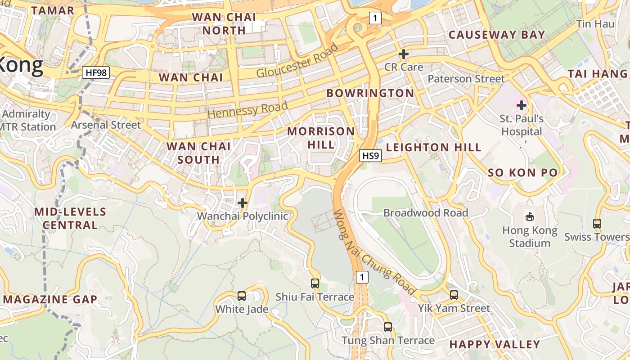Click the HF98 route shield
tap(96, 72)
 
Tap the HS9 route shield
tap(371, 156)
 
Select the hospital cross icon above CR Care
tap(404, 54)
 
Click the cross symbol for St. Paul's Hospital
tap(522, 106)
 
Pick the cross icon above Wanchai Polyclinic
tap(243, 203)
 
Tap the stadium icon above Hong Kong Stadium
tap(530, 217)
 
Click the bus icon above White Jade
tap(242, 296)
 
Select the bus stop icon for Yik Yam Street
tap(454, 295)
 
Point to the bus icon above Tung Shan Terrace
tap(388, 327)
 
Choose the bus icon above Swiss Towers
tap(597, 223)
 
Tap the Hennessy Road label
tap(247, 110)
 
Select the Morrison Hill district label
tap(321, 138)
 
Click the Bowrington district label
tap(370, 93)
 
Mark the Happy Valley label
tap(495, 345)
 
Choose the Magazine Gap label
tap(50, 299)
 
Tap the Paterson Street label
tap(466, 79)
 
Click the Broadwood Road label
tap(426, 213)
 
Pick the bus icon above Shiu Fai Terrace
tap(315, 283)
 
